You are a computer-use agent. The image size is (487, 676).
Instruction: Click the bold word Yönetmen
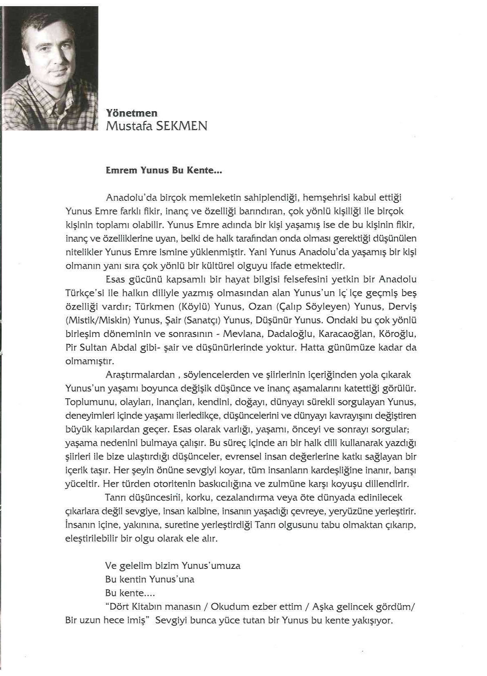[x=131, y=113]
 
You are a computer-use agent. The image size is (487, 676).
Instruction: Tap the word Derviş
[x=402, y=307]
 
